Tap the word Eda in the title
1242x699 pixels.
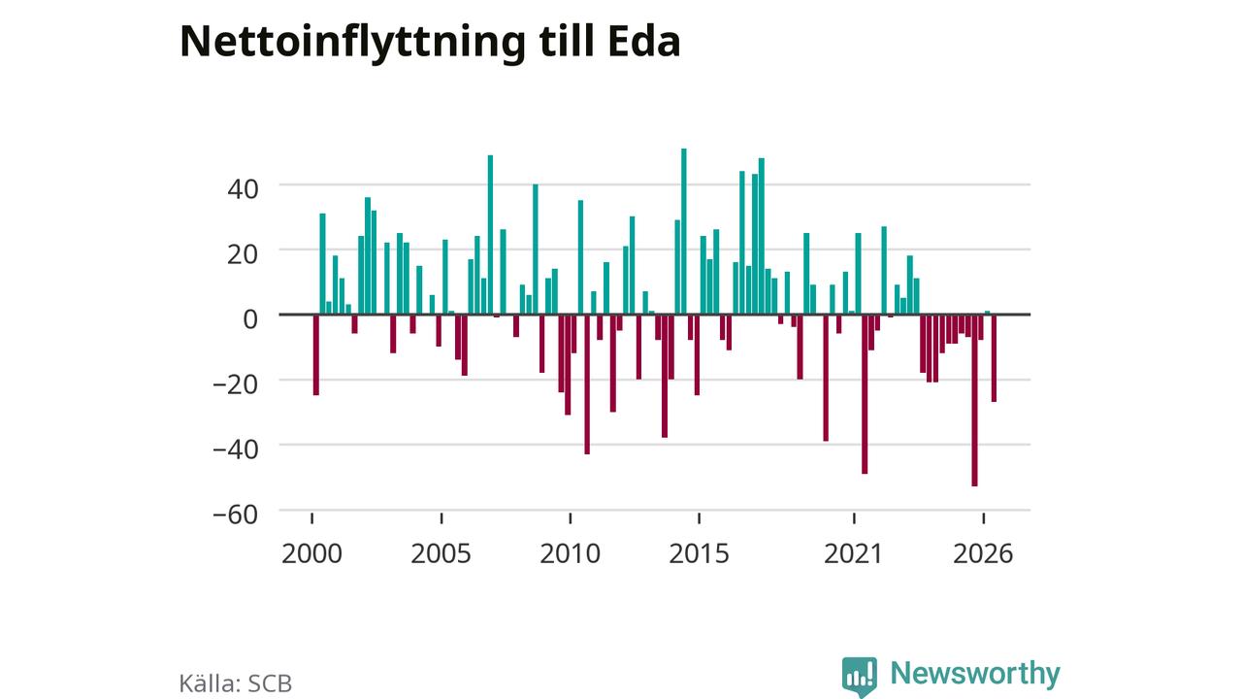click(x=643, y=42)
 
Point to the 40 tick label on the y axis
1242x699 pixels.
click(x=243, y=189)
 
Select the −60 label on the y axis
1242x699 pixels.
click(x=236, y=515)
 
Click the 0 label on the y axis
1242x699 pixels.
click(x=250, y=319)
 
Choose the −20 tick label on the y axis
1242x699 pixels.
click(x=236, y=383)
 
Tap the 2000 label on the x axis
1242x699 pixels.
click(x=311, y=553)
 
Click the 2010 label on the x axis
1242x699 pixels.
click(x=570, y=553)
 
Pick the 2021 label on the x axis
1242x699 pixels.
click(x=853, y=553)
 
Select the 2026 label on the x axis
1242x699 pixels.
click(x=983, y=553)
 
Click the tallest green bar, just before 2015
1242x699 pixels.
click(x=684, y=231)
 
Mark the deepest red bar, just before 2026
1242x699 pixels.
click(x=975, y=400)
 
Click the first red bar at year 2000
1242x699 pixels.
click(x=316, y=354)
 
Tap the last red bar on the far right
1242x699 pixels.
click(x=995, y=358)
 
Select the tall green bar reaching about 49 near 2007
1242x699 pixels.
click(x=490, y=235)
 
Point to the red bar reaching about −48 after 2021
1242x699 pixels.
click(x=865, y=394)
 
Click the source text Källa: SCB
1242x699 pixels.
click(x=236, y=682)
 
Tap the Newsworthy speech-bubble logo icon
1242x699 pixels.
click(x=860, y=677)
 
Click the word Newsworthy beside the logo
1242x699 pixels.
click(x=975, y=673)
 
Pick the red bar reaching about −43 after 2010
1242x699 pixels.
click(x=587, y=384)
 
